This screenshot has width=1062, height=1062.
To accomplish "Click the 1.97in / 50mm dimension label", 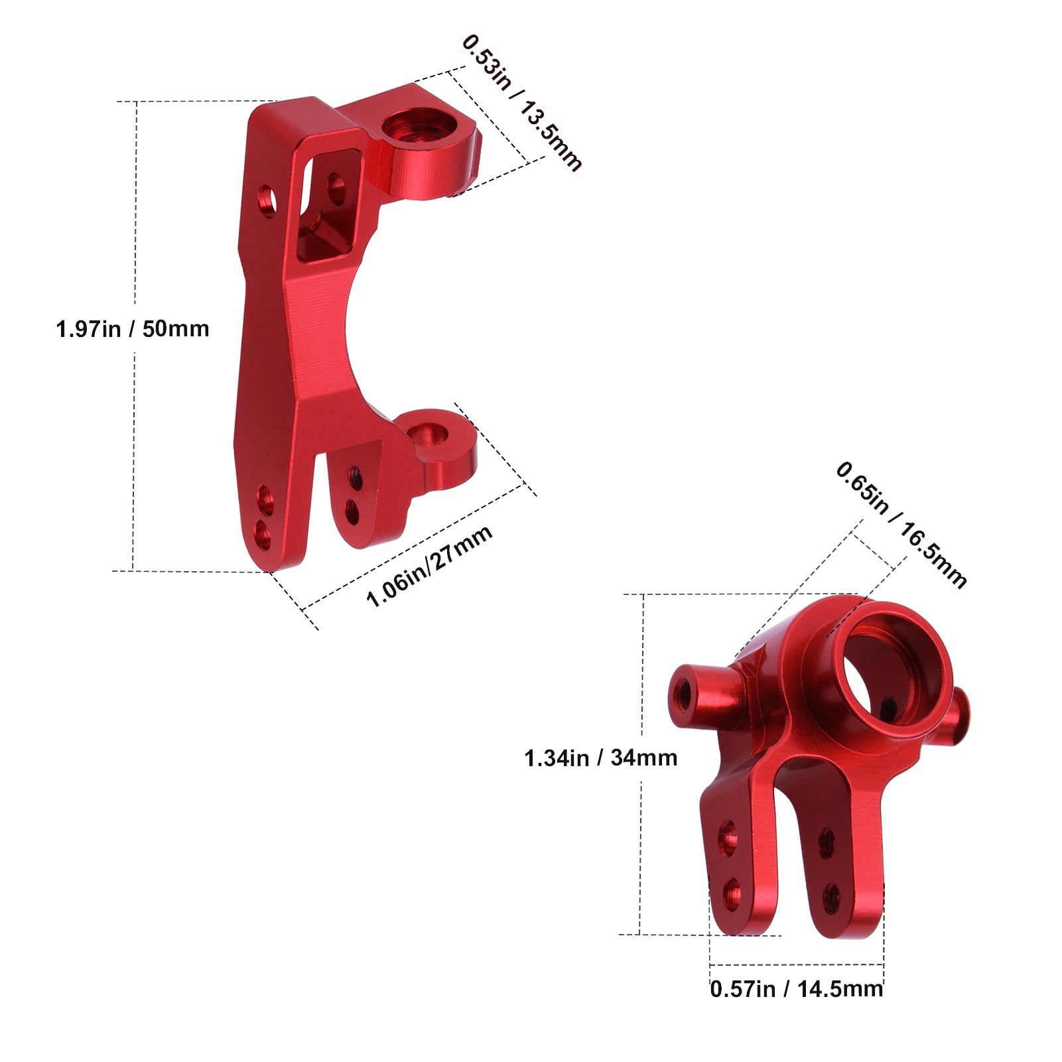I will click(133, 329).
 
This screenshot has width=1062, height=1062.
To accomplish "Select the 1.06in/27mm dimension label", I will click(429, 566).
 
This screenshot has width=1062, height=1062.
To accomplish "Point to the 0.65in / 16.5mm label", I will click(901, 525).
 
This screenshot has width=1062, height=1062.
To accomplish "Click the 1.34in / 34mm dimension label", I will click(600, 758).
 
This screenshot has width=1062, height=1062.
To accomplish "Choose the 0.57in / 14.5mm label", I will click(796, 989).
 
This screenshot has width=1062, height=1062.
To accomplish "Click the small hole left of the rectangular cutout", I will click(267, 197).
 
